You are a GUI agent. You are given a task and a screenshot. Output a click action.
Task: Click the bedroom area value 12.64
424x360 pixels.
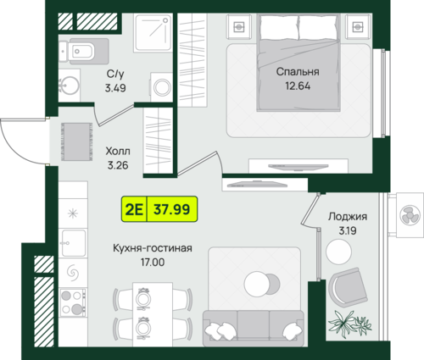(x=298, y=86)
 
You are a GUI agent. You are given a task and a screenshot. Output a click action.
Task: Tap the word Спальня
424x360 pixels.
(x=298, y=72)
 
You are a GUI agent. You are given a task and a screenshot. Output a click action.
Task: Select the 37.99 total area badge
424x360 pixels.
(x=172, y=209)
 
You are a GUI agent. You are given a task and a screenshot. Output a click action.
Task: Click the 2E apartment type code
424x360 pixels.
(x=134, y=209)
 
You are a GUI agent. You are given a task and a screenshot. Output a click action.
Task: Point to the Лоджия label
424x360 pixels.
(x=348, y=217)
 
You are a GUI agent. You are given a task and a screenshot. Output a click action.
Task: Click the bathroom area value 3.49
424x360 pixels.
(x=115, y=88)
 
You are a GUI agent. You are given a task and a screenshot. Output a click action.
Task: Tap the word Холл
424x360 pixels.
(x=118, y=151)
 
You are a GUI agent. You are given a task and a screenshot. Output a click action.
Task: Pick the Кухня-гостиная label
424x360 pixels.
(x=153, y=248)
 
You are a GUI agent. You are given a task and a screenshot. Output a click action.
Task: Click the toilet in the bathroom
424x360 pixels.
(x=84, y=52)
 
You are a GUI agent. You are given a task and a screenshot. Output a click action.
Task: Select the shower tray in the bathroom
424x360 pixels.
(x=153, y=33)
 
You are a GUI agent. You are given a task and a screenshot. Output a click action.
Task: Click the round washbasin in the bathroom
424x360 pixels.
(x=69, y=84)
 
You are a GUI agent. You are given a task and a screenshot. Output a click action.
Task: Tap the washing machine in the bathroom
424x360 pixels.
(x=162, y=87)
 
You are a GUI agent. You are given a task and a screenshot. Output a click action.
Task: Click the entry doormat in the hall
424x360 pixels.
(x=76, y=141)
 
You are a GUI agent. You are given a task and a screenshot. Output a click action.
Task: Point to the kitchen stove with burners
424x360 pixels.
(x=73, y=302)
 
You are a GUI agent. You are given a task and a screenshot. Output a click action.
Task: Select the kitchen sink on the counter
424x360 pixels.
(x=74, y=243)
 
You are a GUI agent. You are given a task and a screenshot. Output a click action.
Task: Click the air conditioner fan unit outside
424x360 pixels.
(x=410, y=215)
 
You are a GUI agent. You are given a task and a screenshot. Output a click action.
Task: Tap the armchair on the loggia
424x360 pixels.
(x=348, y=285)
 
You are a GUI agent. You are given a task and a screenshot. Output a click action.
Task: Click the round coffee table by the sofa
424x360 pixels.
(x=258, y=284)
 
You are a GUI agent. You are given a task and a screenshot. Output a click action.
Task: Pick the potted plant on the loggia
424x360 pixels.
(x=349, y=323)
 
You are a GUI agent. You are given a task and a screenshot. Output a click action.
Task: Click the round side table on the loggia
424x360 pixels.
(x=338, y=252)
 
